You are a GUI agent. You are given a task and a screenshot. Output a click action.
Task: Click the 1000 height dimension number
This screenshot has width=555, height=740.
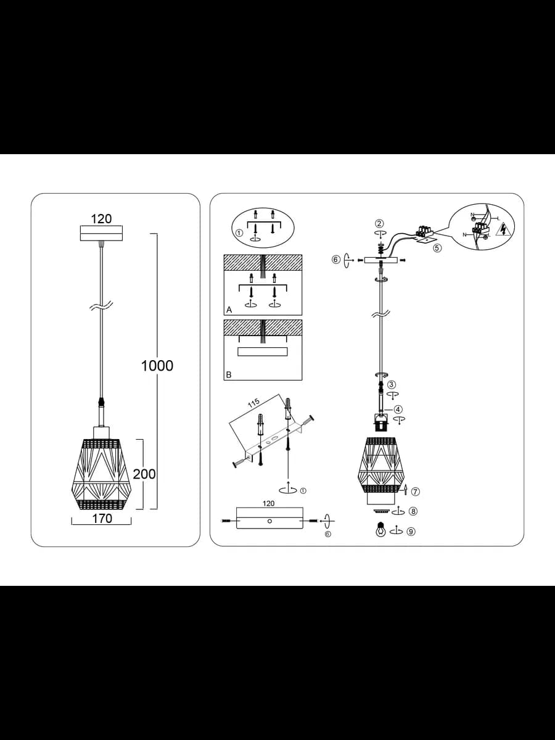click(157, 366)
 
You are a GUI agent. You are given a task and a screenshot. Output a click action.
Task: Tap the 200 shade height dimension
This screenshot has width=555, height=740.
click(144, 474)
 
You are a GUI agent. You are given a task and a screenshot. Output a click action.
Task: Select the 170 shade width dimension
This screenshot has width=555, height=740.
click(102, 519)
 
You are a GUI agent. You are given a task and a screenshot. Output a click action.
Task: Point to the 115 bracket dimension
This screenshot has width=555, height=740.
click(254, 403)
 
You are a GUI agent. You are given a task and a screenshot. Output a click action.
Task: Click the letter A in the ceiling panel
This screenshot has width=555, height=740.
click(229, 310)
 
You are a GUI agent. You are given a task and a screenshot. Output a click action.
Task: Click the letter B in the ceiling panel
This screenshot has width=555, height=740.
click(229, 375)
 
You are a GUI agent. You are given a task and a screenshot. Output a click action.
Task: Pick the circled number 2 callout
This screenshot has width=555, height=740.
click(380, 223)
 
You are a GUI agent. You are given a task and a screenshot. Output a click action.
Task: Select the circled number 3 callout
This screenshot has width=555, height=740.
click(392, 385)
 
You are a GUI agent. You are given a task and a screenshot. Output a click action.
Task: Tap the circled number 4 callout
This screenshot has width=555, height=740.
click(398, 409)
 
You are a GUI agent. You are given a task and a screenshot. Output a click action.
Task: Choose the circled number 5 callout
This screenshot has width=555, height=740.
click(437, 248)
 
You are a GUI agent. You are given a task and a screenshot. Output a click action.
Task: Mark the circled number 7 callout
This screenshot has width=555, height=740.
click(416, 492)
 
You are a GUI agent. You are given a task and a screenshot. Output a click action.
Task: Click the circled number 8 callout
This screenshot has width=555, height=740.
click(413, 511)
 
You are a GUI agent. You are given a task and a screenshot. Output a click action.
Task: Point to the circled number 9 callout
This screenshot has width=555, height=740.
click(411, 532)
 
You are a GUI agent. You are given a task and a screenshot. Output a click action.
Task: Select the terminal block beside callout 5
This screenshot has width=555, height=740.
click(425, 231)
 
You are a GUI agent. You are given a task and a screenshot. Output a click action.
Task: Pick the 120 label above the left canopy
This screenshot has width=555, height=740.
click(101, 219)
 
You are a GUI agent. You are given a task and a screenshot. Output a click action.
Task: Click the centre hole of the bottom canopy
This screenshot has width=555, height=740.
click(269, 521)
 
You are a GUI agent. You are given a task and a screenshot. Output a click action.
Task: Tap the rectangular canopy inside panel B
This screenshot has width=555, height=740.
click(263, 351)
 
